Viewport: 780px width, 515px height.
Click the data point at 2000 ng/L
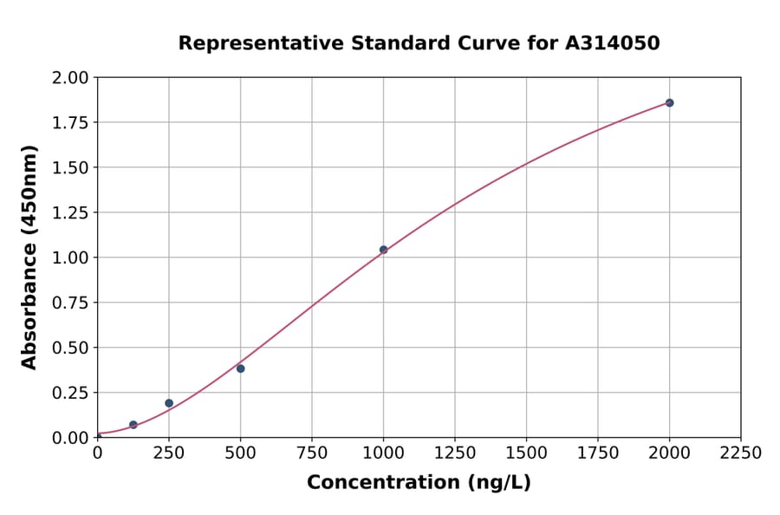pyautogui.click(x=669, y=102)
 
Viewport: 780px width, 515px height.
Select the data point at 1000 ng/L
pyautogui.click(x=383, y=250)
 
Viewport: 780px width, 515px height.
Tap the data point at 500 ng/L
pyautogui.click(x=240, y=368)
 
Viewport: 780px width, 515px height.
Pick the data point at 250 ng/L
pyautogui.click(x=169, y=403)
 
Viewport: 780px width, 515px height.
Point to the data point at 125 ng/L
pyautogui.click(x=133, y=425)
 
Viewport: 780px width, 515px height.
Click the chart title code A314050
pyautogui.click(x=614, y=42)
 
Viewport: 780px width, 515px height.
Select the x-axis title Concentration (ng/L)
pyautogui.click(x=419, y=482)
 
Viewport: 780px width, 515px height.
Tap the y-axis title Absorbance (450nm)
pyautogui.click(x=29, y=257)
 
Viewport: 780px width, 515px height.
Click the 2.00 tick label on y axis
pyautogui.click(x=70, y=78)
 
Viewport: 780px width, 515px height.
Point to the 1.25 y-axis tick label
pyautogui.click(x=70, y=212)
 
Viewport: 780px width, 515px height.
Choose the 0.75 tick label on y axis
pyautogui.click(x=70, y=303)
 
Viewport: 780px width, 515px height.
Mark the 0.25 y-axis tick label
pyautogui.click(x=70, y=393)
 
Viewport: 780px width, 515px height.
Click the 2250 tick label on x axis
pyautogui.click(x=740, y=453)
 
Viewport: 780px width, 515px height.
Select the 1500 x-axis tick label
pyautogui.click(x=526, y=453)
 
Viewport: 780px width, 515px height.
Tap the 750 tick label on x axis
pyautogui.click(x=312, y=453)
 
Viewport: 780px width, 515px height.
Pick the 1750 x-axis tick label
pyautogui.click(x=597, y=453)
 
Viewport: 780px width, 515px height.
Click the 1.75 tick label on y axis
pyautogui.click(x=70, y=122)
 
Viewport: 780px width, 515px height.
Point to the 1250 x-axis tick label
pyautogui.click(x=454, y=453)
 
